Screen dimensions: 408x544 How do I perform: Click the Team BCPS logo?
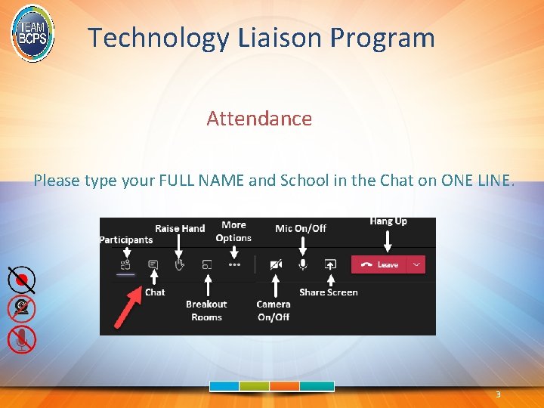pyautogui.click(x=32, y=32)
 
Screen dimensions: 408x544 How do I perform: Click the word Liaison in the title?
pyautogui.click(x=267, y=37)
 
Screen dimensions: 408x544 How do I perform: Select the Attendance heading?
pyautogui.click(x=259, y=119)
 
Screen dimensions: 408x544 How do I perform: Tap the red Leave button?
pyautogui.click(x=379, y=264)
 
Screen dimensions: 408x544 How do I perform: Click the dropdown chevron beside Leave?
pyautogui.click(x=416, y=264)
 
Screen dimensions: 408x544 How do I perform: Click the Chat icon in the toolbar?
pyautogui.click(x=153, y=264)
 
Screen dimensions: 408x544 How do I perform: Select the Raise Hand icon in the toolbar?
pyautogui.click(x=179, y=264)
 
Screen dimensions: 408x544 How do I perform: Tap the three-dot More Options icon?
pyautogui.click(x=234, y=264)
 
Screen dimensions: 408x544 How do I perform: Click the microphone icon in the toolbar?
pyautogui.click(x=303, y=264)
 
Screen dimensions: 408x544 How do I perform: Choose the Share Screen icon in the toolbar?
pyautogui.click(x=329, y=264)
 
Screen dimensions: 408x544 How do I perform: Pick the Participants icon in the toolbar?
pyautogui.click(x=126, y=264)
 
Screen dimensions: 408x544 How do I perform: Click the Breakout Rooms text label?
pyautogui.click(x=206, y=311)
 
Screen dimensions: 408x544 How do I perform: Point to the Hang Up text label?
pyautogui.click(x=388, y=221)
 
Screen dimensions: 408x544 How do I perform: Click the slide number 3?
pyautogui.click(x=498, y=395)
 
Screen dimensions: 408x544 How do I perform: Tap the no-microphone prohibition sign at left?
pyautogui.click(x=22, y=339)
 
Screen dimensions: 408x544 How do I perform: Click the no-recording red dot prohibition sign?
pyautogui.click(x=22, y=280)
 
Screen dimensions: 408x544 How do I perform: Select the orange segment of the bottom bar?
pyautogui.click(x=285, y=386)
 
